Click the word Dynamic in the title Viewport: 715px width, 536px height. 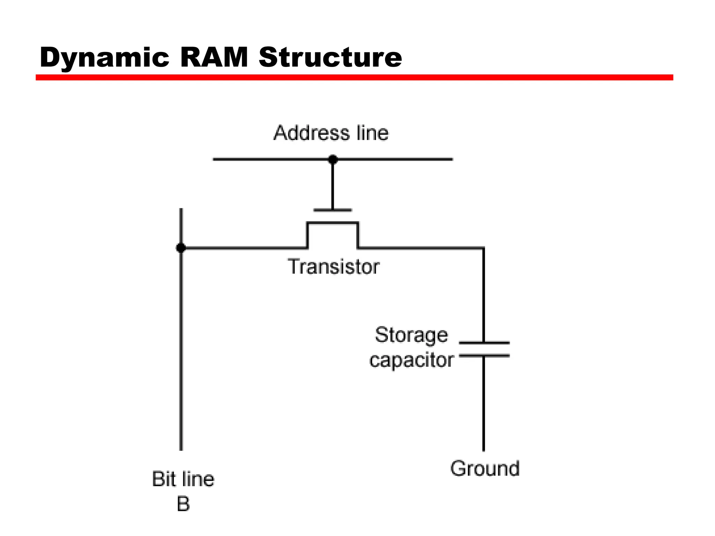(x=104, y=58)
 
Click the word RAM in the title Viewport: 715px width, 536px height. (x=214, y=58)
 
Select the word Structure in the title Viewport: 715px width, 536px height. (x=330, y=58)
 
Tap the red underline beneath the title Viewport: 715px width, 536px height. (x=354, y=77)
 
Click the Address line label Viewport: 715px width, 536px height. (x=331, y=133)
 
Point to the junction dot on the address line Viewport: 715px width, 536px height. (x=333, y=159)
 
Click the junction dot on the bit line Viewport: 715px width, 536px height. (x=181, y=248)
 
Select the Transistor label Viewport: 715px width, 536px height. (x=333, y=267)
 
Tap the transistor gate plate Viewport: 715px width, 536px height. (x=333, y=210)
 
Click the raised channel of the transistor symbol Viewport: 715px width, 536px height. (x=333, y=223)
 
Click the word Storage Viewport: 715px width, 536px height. (x=411, y=335)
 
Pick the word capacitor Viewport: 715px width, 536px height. (x=411, y=360)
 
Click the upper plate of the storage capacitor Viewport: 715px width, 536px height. (x=484, y=343)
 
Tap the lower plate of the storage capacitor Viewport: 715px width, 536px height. (x=484, y=356)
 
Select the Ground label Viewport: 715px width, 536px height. (x=485, y=468)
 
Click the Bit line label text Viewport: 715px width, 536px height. (x=183, y=479)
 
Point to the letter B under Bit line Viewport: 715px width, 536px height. (x=183, y=504)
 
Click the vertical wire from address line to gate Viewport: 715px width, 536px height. (x=333, y=185)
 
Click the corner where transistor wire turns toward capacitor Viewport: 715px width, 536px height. (x=483, y=248)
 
